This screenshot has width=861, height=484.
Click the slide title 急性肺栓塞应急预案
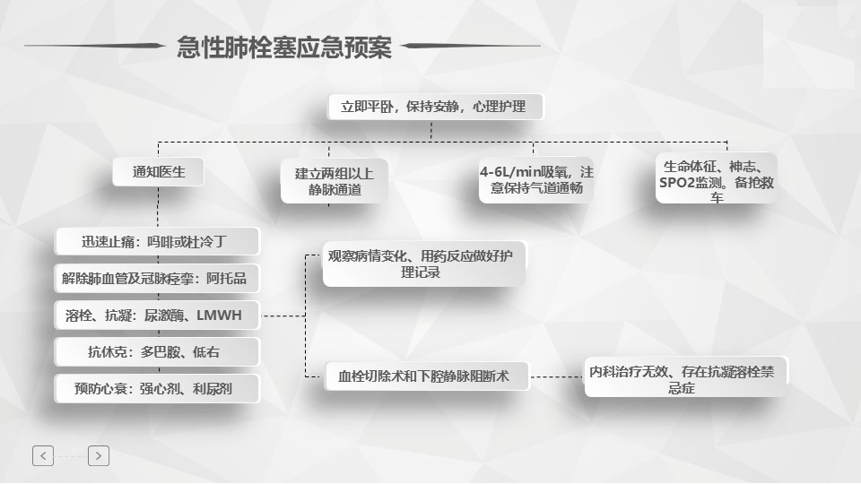click(x=284, y=48)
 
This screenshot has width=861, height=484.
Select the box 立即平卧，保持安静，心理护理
click(x=435, y=107)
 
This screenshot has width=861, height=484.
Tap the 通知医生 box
click(x=158, y=172)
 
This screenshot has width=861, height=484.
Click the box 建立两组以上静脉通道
click(x=334, y=182)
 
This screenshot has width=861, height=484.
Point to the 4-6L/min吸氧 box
click(x=536, y=180)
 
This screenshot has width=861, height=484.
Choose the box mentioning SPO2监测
click(x=716, y=178)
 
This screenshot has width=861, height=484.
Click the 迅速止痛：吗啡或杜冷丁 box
click(x=157, y=241)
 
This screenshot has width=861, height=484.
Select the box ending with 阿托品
click(x=157, y=278)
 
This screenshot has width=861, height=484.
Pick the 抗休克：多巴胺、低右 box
click(x=157, y=351)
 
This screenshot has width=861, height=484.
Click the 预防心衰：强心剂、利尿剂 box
click(x=157, y=388)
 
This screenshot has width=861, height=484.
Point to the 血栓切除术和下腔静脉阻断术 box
click(x=427, y=376)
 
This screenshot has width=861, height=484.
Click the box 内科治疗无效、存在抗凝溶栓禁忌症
click(x=685, y=377)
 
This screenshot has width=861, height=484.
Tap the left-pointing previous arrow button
click(x=43, y=455)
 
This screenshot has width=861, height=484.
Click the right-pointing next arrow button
click(x=99, y=455)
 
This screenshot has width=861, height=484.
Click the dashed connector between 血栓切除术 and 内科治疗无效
click(x=557, y=377)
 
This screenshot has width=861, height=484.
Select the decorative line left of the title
click(x=94, y=46)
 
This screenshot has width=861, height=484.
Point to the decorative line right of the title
click(x=470, y=46)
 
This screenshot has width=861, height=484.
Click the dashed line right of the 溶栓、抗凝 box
click(x=283, y=315)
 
